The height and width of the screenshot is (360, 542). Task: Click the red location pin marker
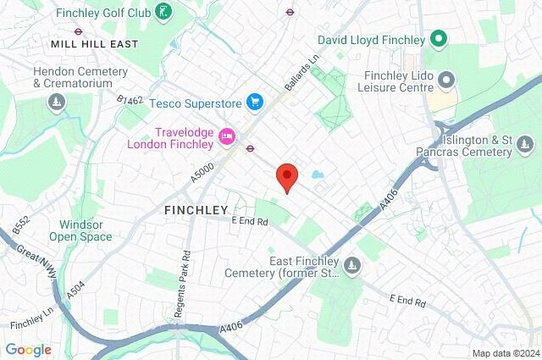[287, 176]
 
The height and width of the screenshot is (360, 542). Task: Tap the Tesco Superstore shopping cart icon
[254, 102]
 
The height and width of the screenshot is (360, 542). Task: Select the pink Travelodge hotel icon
[226, 136]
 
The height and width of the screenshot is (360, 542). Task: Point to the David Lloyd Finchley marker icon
[438, 39]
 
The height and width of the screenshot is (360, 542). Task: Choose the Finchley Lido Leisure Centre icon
[447, 80]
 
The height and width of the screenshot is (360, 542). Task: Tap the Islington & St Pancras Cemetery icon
[525, 151]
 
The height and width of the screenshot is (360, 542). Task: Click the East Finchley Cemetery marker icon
[352, 267]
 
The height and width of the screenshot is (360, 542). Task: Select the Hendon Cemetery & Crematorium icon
[56, 102]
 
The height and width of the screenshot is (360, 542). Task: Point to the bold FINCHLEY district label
[196, 209]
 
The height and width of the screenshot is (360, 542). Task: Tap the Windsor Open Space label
[86, 230]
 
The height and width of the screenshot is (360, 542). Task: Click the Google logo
[28, 349]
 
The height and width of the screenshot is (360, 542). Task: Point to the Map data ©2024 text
[505, 353]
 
